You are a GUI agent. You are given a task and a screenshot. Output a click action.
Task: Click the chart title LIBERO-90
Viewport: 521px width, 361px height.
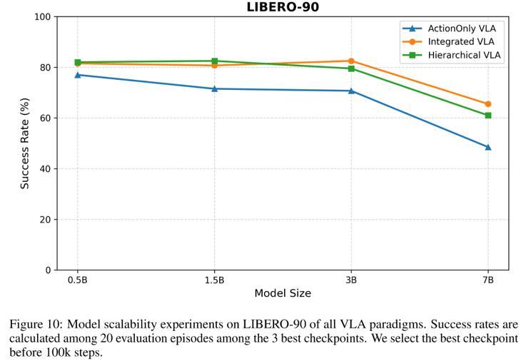(283, 7)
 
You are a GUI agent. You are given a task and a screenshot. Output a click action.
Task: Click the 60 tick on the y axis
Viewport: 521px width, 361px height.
(46, 118)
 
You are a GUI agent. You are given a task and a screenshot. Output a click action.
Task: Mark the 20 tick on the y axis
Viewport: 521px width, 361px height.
(46, 220)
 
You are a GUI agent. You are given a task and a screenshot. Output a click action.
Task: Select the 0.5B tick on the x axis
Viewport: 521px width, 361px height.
(77, 280)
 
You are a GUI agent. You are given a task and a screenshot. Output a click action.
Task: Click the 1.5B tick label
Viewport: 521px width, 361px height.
(214, 280)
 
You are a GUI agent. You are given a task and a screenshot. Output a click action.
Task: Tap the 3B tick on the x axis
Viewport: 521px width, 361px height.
(351, 280)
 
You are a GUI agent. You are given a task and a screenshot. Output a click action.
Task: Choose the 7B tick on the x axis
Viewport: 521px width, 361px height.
(488, 280)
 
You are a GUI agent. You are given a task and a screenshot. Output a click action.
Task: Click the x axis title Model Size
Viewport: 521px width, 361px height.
(283, 293)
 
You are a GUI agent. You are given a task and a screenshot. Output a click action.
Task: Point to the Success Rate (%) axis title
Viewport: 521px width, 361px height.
(25, 143)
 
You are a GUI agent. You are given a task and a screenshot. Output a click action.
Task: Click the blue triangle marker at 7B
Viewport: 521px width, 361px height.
(488, 147)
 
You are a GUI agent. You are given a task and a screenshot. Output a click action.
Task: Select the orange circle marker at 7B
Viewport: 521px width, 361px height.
(488, 104)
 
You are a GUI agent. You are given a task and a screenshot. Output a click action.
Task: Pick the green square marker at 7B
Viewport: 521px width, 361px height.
(488, 115)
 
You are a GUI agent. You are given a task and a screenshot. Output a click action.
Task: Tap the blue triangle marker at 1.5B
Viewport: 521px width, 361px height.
(214, 88)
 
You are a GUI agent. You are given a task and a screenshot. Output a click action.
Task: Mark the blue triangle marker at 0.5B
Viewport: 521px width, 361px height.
(77, 75)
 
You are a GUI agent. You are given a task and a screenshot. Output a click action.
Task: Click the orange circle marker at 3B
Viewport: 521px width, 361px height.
(351, 61)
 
